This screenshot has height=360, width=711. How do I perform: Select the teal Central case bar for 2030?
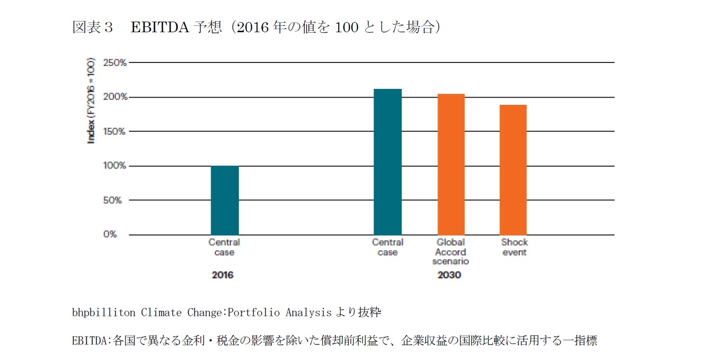[387, 162]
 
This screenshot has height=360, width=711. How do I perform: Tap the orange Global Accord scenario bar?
[451, 164]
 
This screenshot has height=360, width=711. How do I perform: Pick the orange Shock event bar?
[513, 170]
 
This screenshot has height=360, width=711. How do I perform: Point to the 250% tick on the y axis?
[115, 62]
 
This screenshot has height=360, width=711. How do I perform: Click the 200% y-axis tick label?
[115, 97]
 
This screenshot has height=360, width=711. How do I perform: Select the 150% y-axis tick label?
[115, 131]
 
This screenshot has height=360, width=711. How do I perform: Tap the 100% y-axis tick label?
[115, 166]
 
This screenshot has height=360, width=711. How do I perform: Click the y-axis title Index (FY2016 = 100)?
[91, 101]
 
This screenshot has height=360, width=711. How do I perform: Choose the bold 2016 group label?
[223, 275]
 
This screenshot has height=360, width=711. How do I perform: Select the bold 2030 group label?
[449, 275]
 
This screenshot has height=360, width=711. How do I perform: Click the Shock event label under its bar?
[514, 247]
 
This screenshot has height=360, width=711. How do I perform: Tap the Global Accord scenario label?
[450, 252]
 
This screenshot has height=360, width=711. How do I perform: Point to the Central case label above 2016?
[224, 247]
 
